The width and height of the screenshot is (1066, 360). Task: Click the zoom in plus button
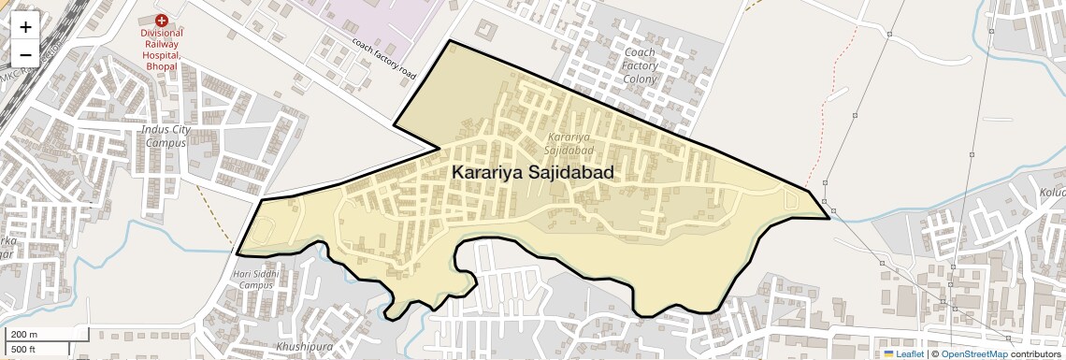coord(25,27)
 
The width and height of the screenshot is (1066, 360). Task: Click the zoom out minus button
coord(25,54)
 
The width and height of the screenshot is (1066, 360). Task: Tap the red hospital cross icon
coord(162,20)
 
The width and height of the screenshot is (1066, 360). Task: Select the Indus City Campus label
coord(166,136)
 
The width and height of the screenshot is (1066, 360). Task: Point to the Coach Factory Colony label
coord(640,66)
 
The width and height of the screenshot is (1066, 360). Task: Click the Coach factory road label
coord(383,58)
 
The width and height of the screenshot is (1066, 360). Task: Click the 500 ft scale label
coord(23,349)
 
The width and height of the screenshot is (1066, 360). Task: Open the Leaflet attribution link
coord(909,354)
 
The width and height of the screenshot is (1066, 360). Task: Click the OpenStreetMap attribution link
coord(973,354)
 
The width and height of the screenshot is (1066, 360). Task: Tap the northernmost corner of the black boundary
coord(451,41)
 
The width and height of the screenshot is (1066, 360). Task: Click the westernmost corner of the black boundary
coord(237,253)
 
